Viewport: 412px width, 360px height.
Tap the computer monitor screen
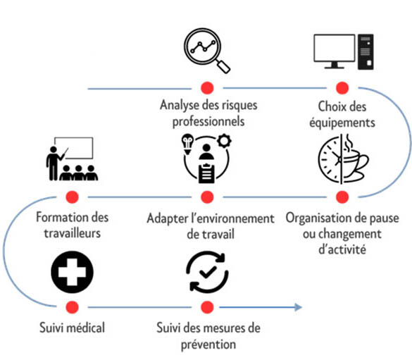coord(335,49)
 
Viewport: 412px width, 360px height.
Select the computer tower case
coord(366,51)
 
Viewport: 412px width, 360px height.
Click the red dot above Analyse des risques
coord(207,88)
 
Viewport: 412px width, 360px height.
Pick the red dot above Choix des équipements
coord(342,88)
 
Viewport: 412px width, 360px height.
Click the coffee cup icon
coord(355,163)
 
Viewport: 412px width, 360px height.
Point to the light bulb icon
coord(187,144)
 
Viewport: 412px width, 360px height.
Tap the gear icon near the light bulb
coord(224,141)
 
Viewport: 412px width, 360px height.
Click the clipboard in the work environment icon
coord(206,173)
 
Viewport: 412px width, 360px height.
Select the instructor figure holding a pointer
coord(53,163)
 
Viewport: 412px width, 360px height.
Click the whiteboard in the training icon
coord(73,148)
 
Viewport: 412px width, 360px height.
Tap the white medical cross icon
coord(72,272)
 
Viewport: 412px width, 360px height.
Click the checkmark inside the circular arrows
coord(208,272)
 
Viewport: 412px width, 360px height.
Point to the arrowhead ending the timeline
coord(298,307)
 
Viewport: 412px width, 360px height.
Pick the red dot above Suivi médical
coord(73,307)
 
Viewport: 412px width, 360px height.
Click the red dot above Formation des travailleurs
coord(73,197)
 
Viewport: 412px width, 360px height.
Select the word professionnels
coord(208,122)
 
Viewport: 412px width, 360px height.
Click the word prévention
coord(208,345)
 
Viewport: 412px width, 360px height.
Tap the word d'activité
coord(342,249)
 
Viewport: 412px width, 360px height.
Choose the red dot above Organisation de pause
coord(342,197)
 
